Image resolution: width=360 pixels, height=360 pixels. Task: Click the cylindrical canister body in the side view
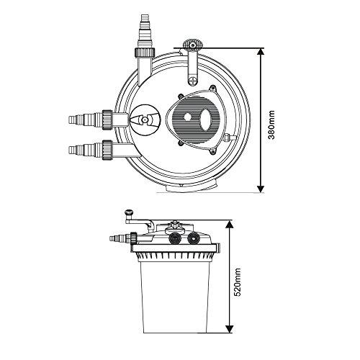tap(173, 295)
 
